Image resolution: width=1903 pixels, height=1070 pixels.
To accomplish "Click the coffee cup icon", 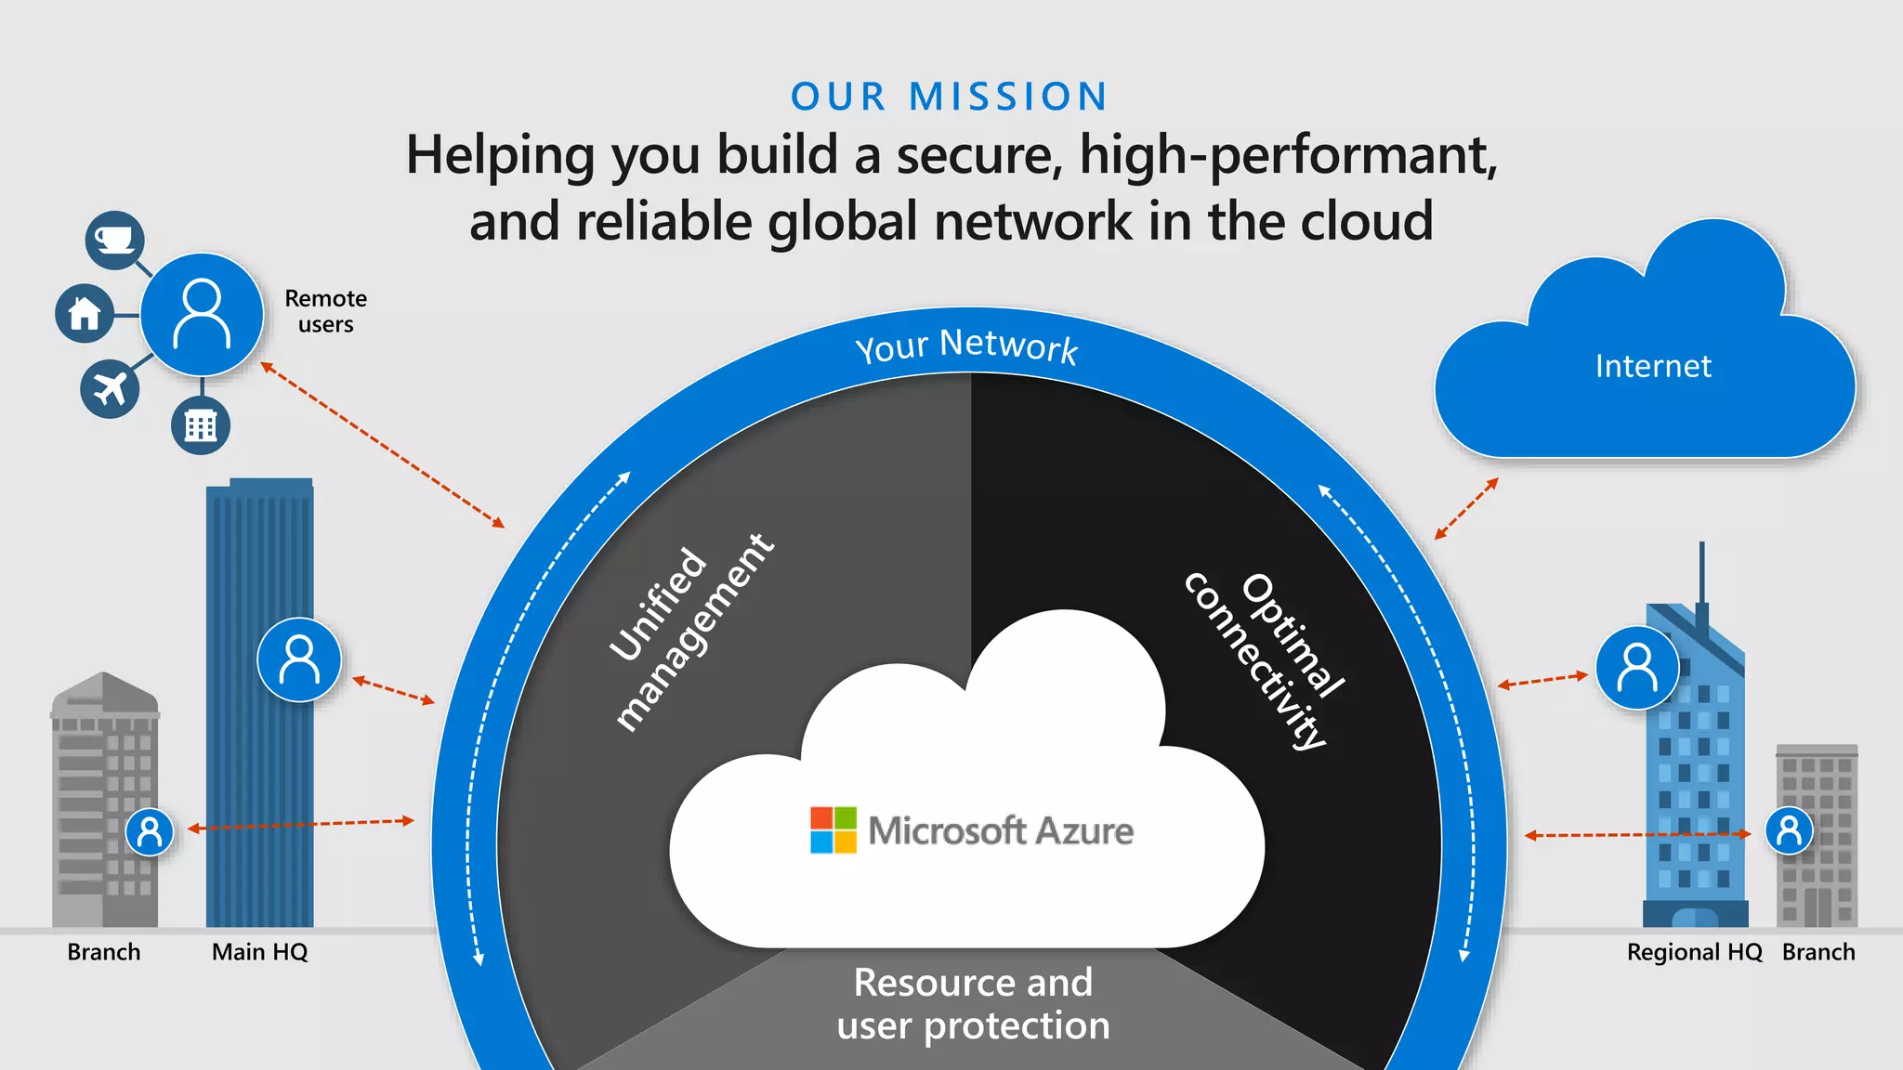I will (114, 241).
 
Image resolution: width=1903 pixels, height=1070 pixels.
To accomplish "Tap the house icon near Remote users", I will (85, 313).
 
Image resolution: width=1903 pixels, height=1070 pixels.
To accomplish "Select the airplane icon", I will (110, 388).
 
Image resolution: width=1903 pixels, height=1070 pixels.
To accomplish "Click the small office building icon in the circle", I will (201, 425).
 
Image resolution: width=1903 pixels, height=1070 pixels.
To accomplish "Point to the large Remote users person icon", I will (202, 314).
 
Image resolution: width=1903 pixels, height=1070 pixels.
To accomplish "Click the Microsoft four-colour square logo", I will (833, 829).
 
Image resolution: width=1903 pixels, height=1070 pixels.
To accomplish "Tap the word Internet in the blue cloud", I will (1653, 366).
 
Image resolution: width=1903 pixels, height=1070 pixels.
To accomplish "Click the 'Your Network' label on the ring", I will (966, 346).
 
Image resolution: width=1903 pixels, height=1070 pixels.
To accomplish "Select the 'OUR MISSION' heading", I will (949, 97).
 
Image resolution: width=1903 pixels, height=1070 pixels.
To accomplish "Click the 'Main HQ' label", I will (259, 952).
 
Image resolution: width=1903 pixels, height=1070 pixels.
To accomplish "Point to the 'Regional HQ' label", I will (1694, 952).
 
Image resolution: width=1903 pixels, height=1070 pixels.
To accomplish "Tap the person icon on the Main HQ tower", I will (299, 659).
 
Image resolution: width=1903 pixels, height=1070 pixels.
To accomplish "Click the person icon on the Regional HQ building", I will (1637, 668).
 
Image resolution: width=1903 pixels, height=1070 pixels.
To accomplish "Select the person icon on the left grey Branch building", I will (150, 832).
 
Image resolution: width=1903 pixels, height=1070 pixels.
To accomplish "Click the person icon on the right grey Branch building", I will (1789, 830).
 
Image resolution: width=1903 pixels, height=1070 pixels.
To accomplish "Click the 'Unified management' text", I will (692, 632).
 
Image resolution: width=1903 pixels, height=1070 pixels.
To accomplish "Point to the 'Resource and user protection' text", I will (973, 1004).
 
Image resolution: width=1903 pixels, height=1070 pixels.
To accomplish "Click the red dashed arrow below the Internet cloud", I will (1466, 508).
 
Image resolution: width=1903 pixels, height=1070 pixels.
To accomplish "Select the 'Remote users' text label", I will (325, 311).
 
